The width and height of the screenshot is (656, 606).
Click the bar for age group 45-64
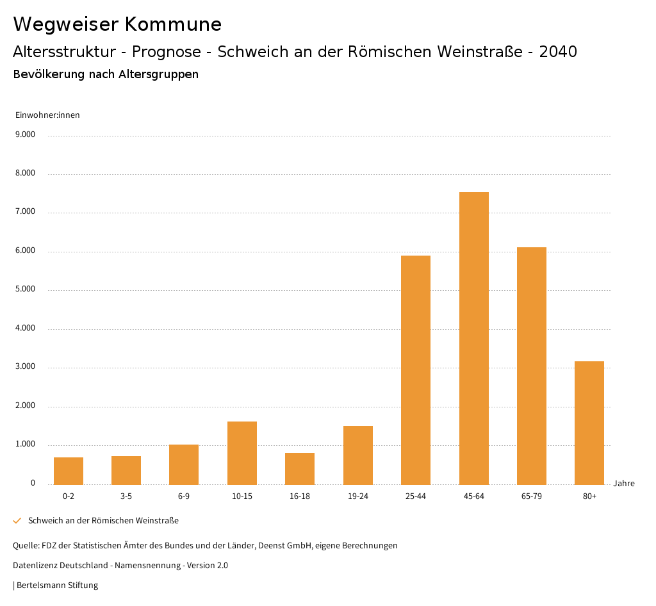(474, 338)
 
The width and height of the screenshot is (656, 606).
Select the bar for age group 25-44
(416, 370)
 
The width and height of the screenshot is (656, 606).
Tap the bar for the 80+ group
(589, 423)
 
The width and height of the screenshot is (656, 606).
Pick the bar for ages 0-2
(69, 471)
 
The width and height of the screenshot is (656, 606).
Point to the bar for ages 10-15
(242, 453)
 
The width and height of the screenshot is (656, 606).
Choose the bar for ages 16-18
(300, 468)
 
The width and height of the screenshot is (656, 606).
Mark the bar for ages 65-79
(532, 366)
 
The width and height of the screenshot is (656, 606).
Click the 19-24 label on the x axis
(358, 496)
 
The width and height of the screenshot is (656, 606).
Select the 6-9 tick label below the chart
(184, 496)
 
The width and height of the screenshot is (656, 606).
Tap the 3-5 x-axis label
(126, 496)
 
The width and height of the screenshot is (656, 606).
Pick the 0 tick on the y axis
(33, 483)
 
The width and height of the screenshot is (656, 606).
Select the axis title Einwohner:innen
(47, 115)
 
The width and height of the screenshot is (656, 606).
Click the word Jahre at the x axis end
(624, 484)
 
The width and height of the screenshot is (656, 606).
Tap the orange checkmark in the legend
(17, 521)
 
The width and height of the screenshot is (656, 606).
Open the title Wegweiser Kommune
(117, 24)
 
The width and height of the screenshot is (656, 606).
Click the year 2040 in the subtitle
(558, 52)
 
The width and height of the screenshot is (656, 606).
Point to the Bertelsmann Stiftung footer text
(57, 586)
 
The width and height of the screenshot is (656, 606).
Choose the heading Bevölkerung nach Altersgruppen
(106, 74)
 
